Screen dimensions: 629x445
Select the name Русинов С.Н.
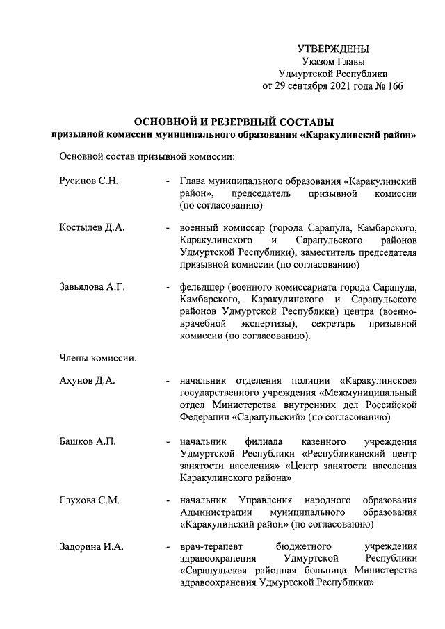pos(89,181)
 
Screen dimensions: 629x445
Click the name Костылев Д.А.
pos(92,228)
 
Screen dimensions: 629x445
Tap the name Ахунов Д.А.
pos(88,381)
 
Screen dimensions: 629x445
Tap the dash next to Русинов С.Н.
pos(168,181)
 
